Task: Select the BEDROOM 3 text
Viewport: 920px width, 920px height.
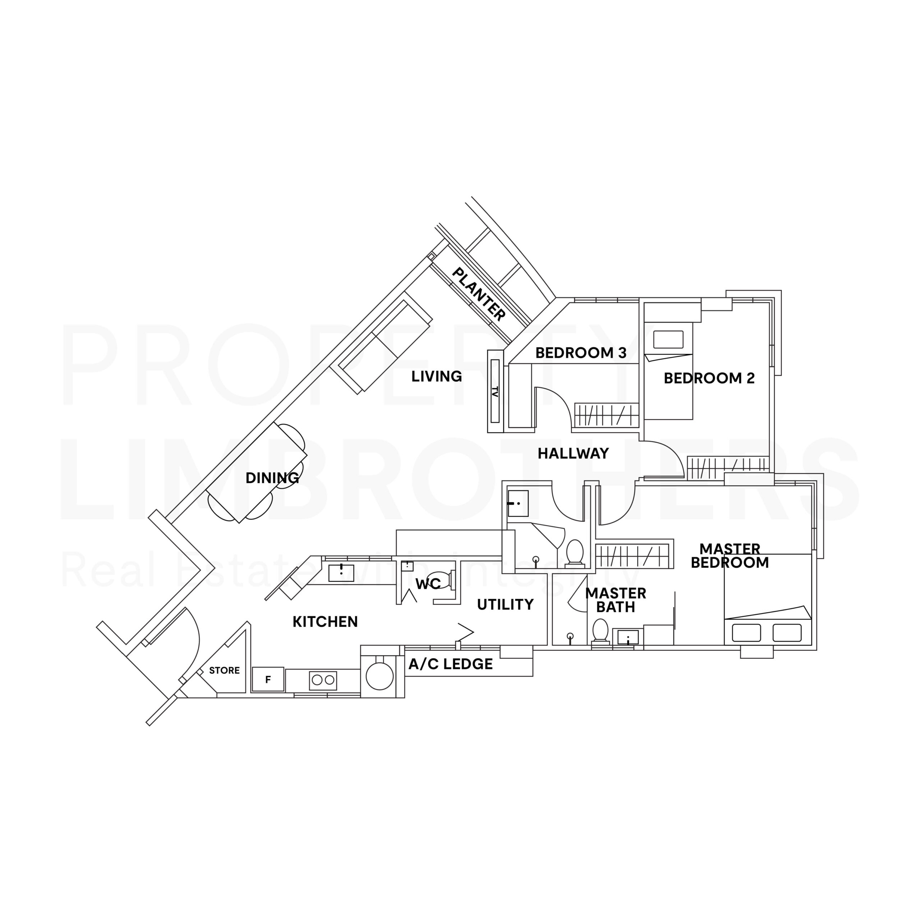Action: (x=580, y=353)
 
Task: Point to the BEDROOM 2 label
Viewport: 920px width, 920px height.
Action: (x=709, y=378)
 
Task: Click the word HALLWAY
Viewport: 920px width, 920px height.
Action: (x=573, y=453)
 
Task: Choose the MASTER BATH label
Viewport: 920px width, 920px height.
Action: (x=615, y=600)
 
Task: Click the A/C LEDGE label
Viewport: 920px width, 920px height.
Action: (x=450, y=664)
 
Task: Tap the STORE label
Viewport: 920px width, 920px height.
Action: (x=224, y=671)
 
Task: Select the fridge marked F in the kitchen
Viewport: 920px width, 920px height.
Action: (x=268, y=680)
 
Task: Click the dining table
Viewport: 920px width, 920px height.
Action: (x=257, y=473)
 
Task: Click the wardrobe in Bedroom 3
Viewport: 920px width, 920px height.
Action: (x=606, y=415)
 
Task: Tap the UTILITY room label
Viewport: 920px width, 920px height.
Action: (x=505, y=605)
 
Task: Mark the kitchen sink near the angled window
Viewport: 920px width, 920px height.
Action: (x=341, y=573)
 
